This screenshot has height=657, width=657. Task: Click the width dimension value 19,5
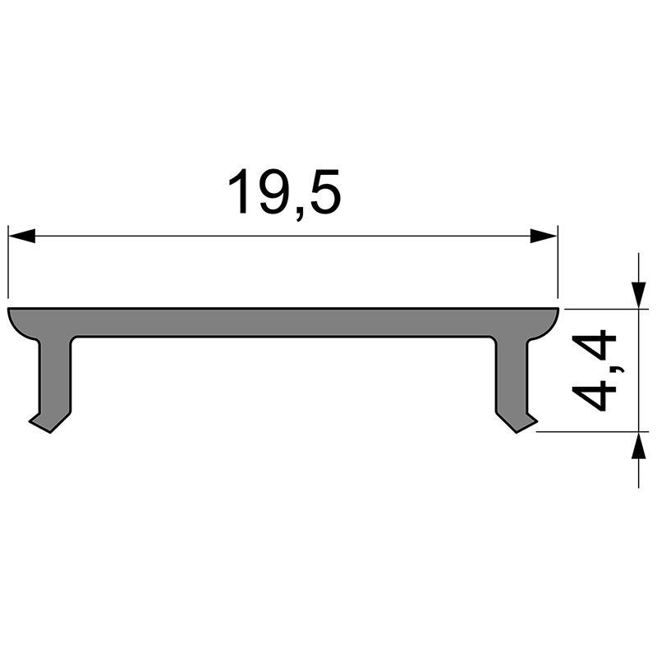tap(283, 191)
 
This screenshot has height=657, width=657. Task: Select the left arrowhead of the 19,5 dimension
tap(22, 237)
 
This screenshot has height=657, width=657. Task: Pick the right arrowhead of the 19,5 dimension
tap(544, 237)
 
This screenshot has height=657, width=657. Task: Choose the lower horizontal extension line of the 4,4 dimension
tap(587, 430)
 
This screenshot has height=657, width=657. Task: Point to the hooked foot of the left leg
tap(45, 422)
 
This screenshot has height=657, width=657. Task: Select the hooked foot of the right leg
tap(522, 422)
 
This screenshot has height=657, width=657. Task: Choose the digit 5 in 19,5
tap(322, 191)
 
